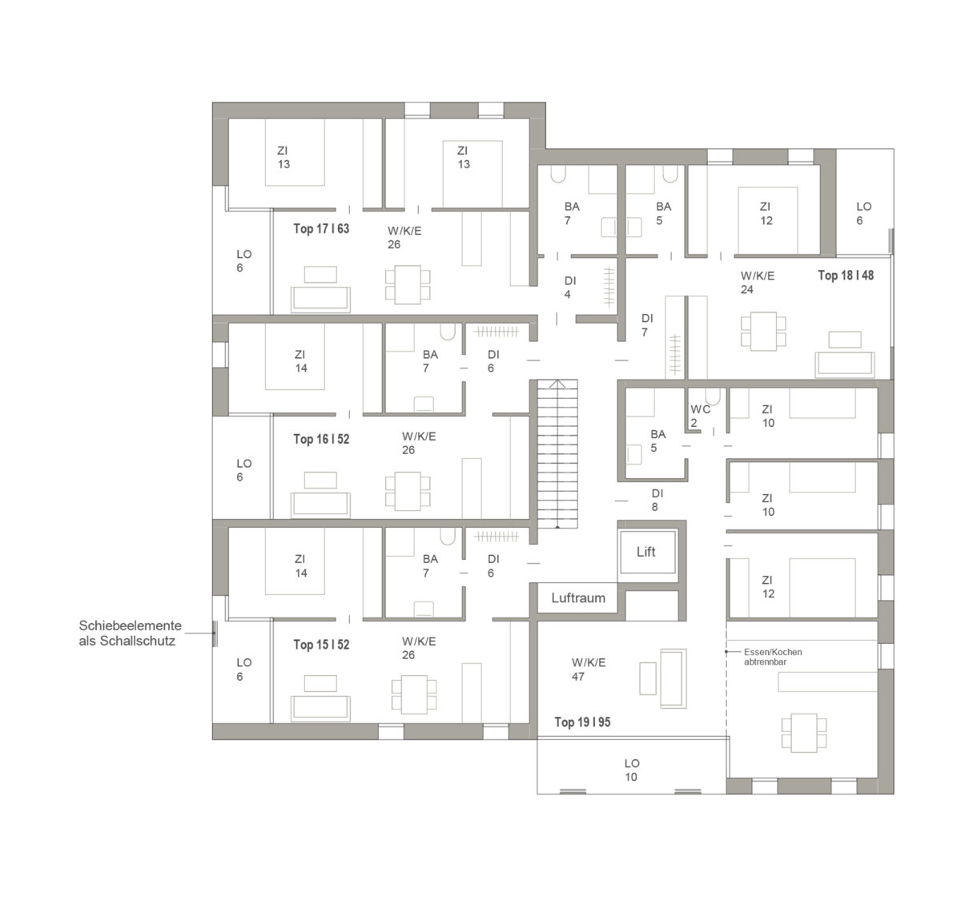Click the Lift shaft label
coord(645,551)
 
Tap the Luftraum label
coord(578,597)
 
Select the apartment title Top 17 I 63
coord(321,228)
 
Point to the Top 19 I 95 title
coord(582,722)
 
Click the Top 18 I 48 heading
coord(846,275)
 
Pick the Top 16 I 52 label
coord(321,439)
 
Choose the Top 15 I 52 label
coord(321,644)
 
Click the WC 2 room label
coord(700,416)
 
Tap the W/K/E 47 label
coord(589,670)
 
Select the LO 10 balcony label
coord(632,770)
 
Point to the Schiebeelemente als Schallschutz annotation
coord(131,633)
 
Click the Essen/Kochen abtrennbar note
coord(773,657)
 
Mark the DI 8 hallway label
coord(657,500)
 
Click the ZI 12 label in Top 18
coord(766,214)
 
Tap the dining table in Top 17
coord(408,284)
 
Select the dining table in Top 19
coord(804,733)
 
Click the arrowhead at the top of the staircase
coord(557,384)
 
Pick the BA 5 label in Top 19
coord(657,441)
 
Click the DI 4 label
coord(569,288)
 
